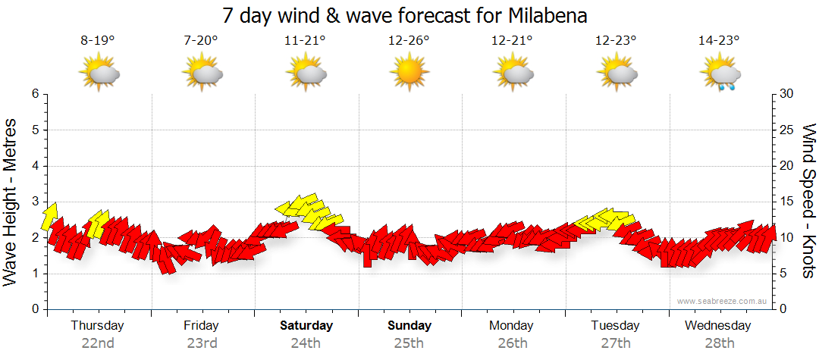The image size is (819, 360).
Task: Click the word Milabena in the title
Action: click(545, 15)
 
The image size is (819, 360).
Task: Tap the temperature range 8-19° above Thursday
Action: click(97, 41)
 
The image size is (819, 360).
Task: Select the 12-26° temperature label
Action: click(409, 41)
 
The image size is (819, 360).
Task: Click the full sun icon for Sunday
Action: click(409, 73)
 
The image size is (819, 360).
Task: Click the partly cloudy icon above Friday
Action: click(202, 74)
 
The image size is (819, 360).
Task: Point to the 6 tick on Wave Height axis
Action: click(35, 94)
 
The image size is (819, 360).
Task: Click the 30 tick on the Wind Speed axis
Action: click(787, 94)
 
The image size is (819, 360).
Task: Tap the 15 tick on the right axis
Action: click(787, 202)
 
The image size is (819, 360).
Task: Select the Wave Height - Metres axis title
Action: click(11, 202)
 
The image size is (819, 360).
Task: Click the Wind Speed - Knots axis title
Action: click(808, 202)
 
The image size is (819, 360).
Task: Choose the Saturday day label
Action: click(306, 326)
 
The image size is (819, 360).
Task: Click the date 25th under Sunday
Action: click(409, 343)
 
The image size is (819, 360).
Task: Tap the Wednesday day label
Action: click(717, 326)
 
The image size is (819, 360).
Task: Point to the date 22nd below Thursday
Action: click(97, 343)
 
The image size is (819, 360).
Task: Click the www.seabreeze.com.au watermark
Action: click(723, 301)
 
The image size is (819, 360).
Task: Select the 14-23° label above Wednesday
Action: click(719, 41)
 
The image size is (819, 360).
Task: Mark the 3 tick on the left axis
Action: click(35, 202)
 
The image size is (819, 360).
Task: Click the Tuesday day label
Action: click(615, 326)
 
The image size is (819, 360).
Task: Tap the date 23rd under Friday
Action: click(202, 343)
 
